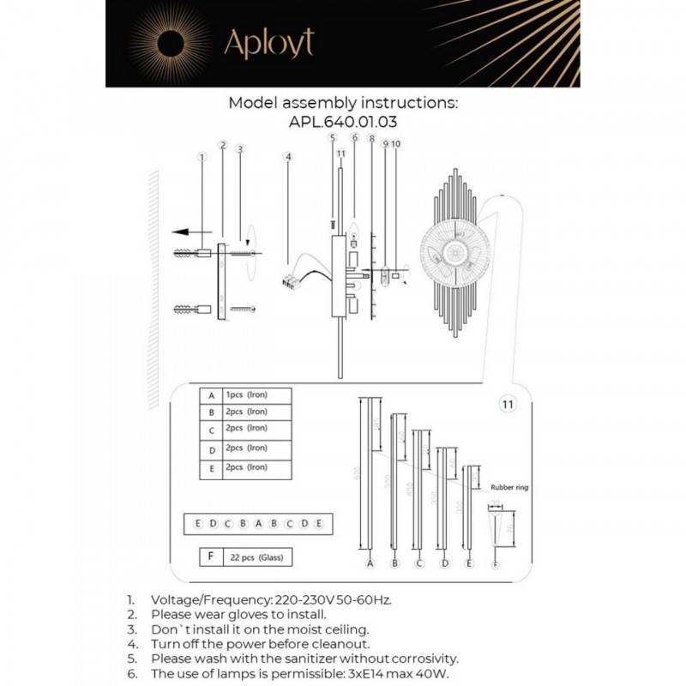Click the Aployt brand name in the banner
(x=268, y=43)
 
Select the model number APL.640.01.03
(x=343, y=122)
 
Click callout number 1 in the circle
(x=202, y=157)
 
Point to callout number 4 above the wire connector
(x=289, y=157)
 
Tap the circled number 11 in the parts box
(x=507, y=402)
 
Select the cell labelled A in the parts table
(x=210, y=396)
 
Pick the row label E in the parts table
(x=210, y=468)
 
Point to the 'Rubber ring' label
(x=509, y=487)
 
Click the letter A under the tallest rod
(x=370, y=563)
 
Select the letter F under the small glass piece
(x=495, y=563)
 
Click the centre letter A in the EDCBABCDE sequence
(x=257, y=523)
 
